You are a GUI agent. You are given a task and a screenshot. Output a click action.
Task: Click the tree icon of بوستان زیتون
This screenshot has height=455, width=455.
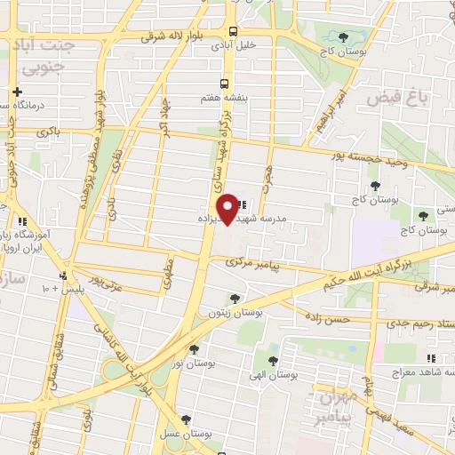point(234,299)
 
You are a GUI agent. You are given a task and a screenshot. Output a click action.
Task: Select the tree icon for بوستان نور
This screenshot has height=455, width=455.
point(193,349)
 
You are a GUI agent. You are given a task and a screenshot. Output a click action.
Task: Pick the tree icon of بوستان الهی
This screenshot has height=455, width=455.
point(273,360)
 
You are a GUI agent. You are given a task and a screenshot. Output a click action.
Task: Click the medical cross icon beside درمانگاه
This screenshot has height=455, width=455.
point(17,92)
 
